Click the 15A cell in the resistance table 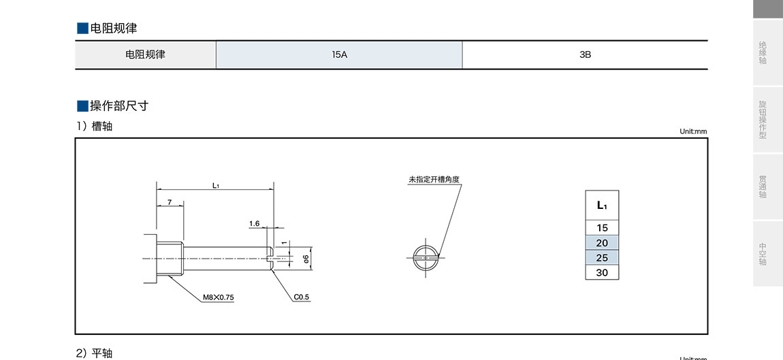click(x=339, y=54)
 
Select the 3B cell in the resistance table click(x=585, y=54)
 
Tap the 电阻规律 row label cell click(x=145, y=54)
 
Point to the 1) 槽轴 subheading click(x=95, y=127)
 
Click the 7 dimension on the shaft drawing click(x=170, y=203)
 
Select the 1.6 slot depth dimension click(x=255, y=223)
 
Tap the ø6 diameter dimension click(x=306, y=258)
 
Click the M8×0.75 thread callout click(x=219, y=297)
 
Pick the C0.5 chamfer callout click(x=302, y=297)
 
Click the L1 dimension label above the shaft click(x=215, y=185)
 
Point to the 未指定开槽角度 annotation click(x=434, y=180)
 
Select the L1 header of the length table click(x=602, y=206)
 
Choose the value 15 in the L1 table click(x=602, y=228)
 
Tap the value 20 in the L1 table click(x=602, y=243)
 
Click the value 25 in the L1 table click(x=602, y=258)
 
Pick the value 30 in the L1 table click(x=602, y=273)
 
